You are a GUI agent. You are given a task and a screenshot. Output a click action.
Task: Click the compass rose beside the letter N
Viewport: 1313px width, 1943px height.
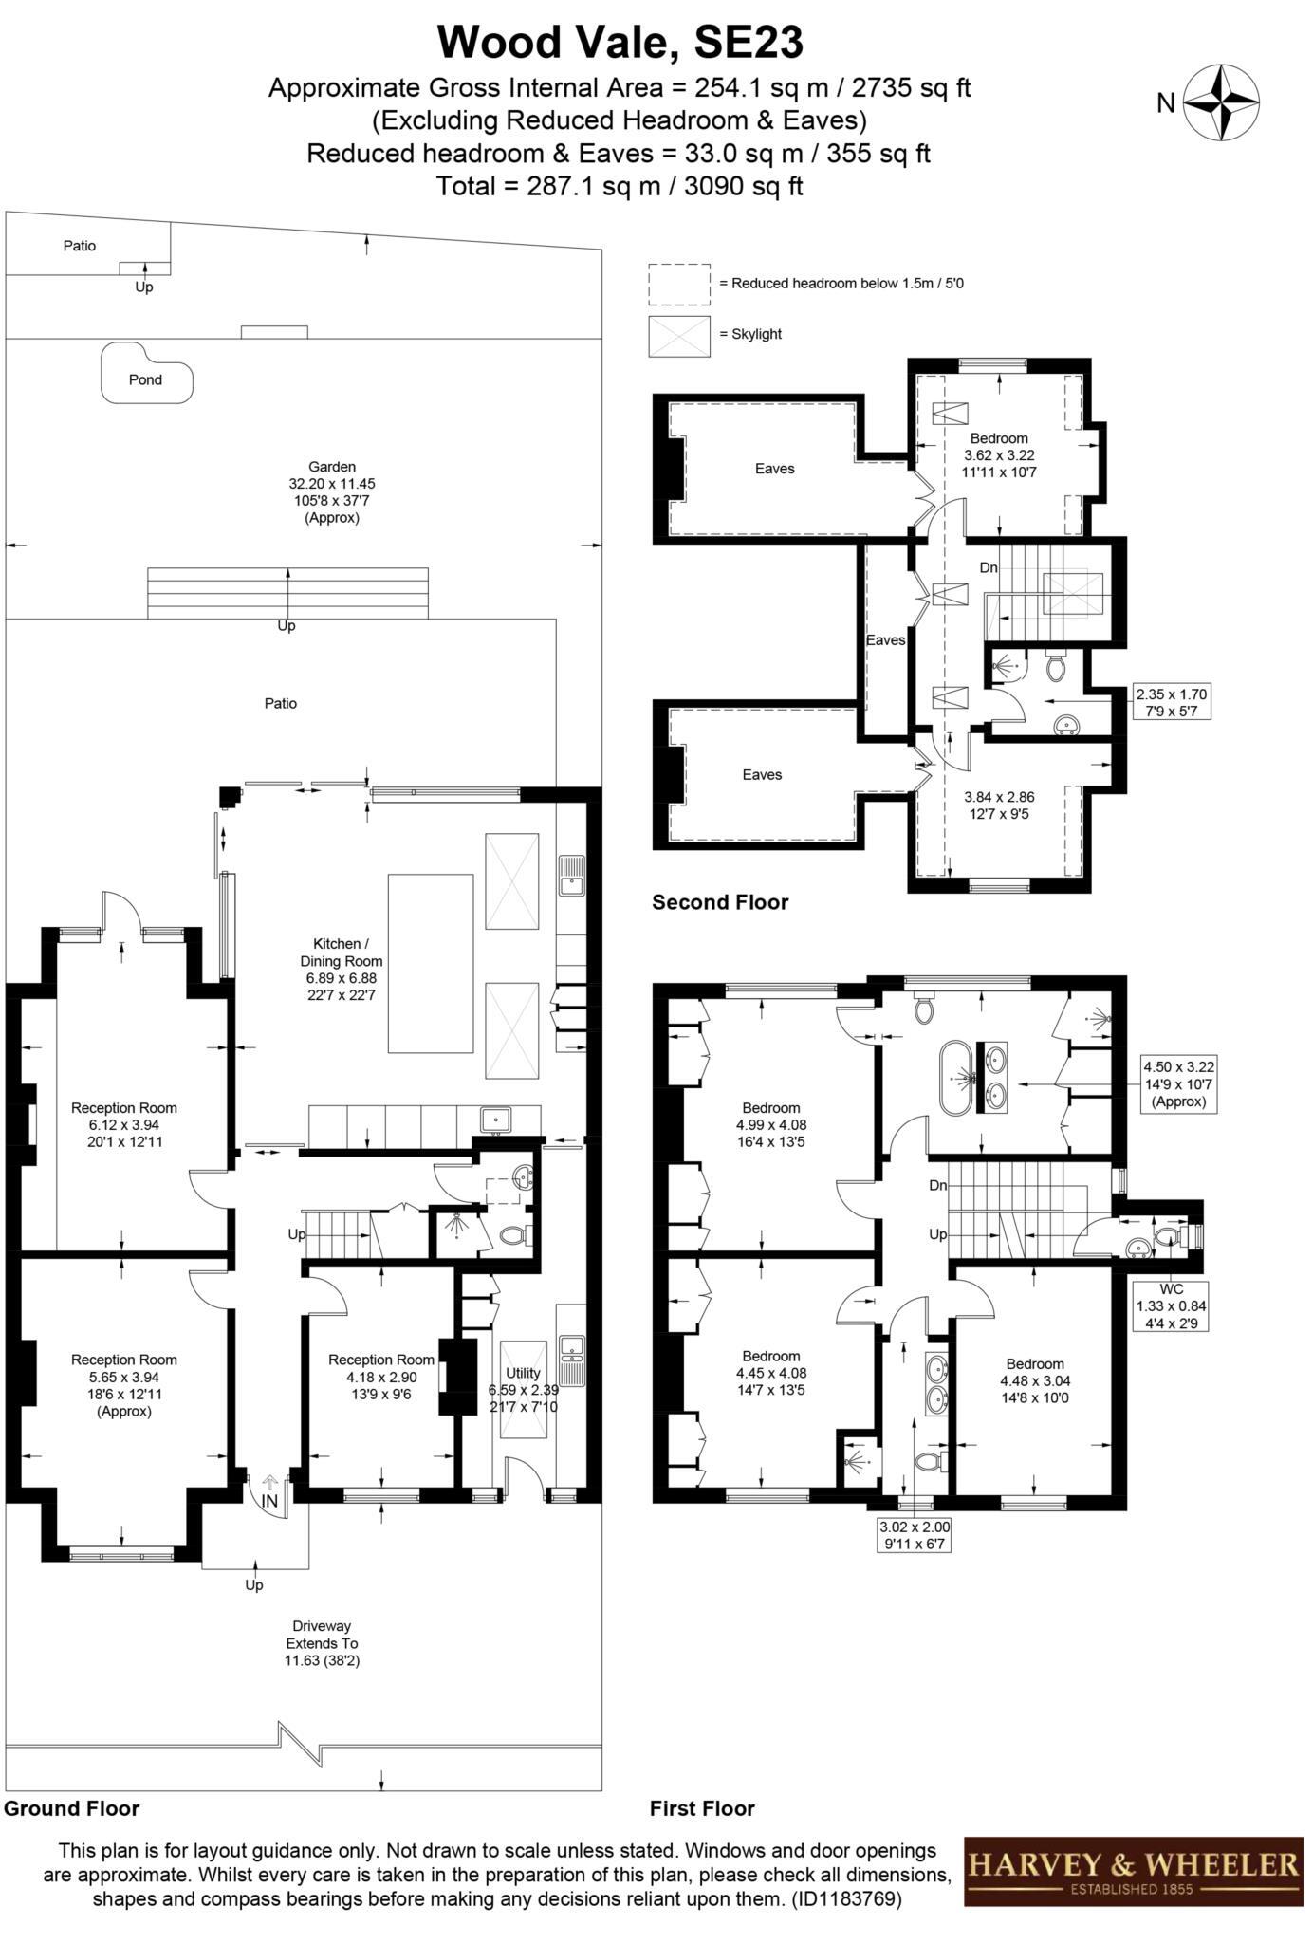tap(1222, 103)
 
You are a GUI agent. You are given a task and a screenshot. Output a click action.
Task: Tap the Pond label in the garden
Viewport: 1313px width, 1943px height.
tap(146, 379)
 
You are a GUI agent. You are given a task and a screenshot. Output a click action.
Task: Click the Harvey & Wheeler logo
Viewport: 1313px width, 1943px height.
tap(1134, 1872)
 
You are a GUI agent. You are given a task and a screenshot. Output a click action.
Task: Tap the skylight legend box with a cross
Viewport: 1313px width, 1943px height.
tap(678, 336)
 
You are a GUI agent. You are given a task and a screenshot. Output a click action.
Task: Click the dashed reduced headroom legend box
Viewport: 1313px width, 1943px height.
tap(678, 284)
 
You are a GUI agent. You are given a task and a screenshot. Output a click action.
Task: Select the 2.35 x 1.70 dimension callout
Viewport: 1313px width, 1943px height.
tap(1172, 702)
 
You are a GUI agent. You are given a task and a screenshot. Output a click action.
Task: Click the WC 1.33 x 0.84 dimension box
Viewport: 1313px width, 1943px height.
tap(1172, 1306)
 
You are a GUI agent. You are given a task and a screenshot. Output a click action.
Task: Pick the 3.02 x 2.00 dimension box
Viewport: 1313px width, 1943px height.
tap(915, 1535)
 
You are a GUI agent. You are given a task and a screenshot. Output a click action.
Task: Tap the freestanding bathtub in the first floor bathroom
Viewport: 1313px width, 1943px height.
tap(956, 1080)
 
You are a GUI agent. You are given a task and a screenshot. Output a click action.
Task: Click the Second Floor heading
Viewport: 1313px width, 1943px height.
tap(720, 902)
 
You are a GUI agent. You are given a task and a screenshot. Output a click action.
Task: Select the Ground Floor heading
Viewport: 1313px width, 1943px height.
tap(72, 1808)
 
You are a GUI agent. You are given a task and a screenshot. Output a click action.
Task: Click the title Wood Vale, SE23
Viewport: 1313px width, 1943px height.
tap(620, 43)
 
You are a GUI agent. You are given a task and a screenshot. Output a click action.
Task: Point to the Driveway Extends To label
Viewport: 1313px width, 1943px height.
tap(323, 1643)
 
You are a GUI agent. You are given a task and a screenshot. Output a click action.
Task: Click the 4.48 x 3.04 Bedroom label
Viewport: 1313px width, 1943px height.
tap(1035, 1380)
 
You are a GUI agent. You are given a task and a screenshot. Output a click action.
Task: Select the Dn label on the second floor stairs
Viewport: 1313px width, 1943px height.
tap(989, 567)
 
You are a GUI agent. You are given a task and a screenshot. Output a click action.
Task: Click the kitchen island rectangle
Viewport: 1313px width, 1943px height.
tap(431, 963)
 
